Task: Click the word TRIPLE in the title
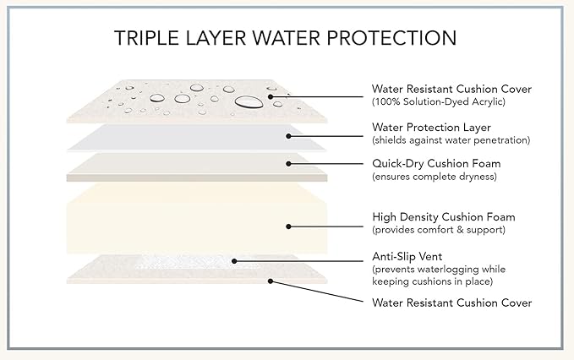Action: point(146,38)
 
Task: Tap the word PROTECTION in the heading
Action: point(391,38)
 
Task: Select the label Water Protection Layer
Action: point(431,128)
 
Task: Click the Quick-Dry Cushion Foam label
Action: point(436,164)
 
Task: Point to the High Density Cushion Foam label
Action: point(444,217)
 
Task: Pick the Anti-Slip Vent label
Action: point(407,256)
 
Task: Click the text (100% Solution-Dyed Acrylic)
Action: point(439,101)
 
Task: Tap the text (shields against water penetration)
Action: point(451,140)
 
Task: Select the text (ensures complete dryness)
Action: point(435,177)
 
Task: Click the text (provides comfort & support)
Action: point(439,230)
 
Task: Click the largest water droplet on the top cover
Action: point(249,102)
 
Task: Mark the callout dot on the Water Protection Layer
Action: point(288,136)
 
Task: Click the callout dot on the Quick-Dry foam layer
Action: point(288,164)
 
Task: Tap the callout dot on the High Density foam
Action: point(288,226)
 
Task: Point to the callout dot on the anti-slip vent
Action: point(234,261)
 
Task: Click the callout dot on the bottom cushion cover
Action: point(271,281)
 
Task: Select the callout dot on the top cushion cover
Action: point(271,97)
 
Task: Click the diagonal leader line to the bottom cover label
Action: point(317,292)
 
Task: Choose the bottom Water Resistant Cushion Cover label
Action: point(451,303)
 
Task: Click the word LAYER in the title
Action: point(216,38)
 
